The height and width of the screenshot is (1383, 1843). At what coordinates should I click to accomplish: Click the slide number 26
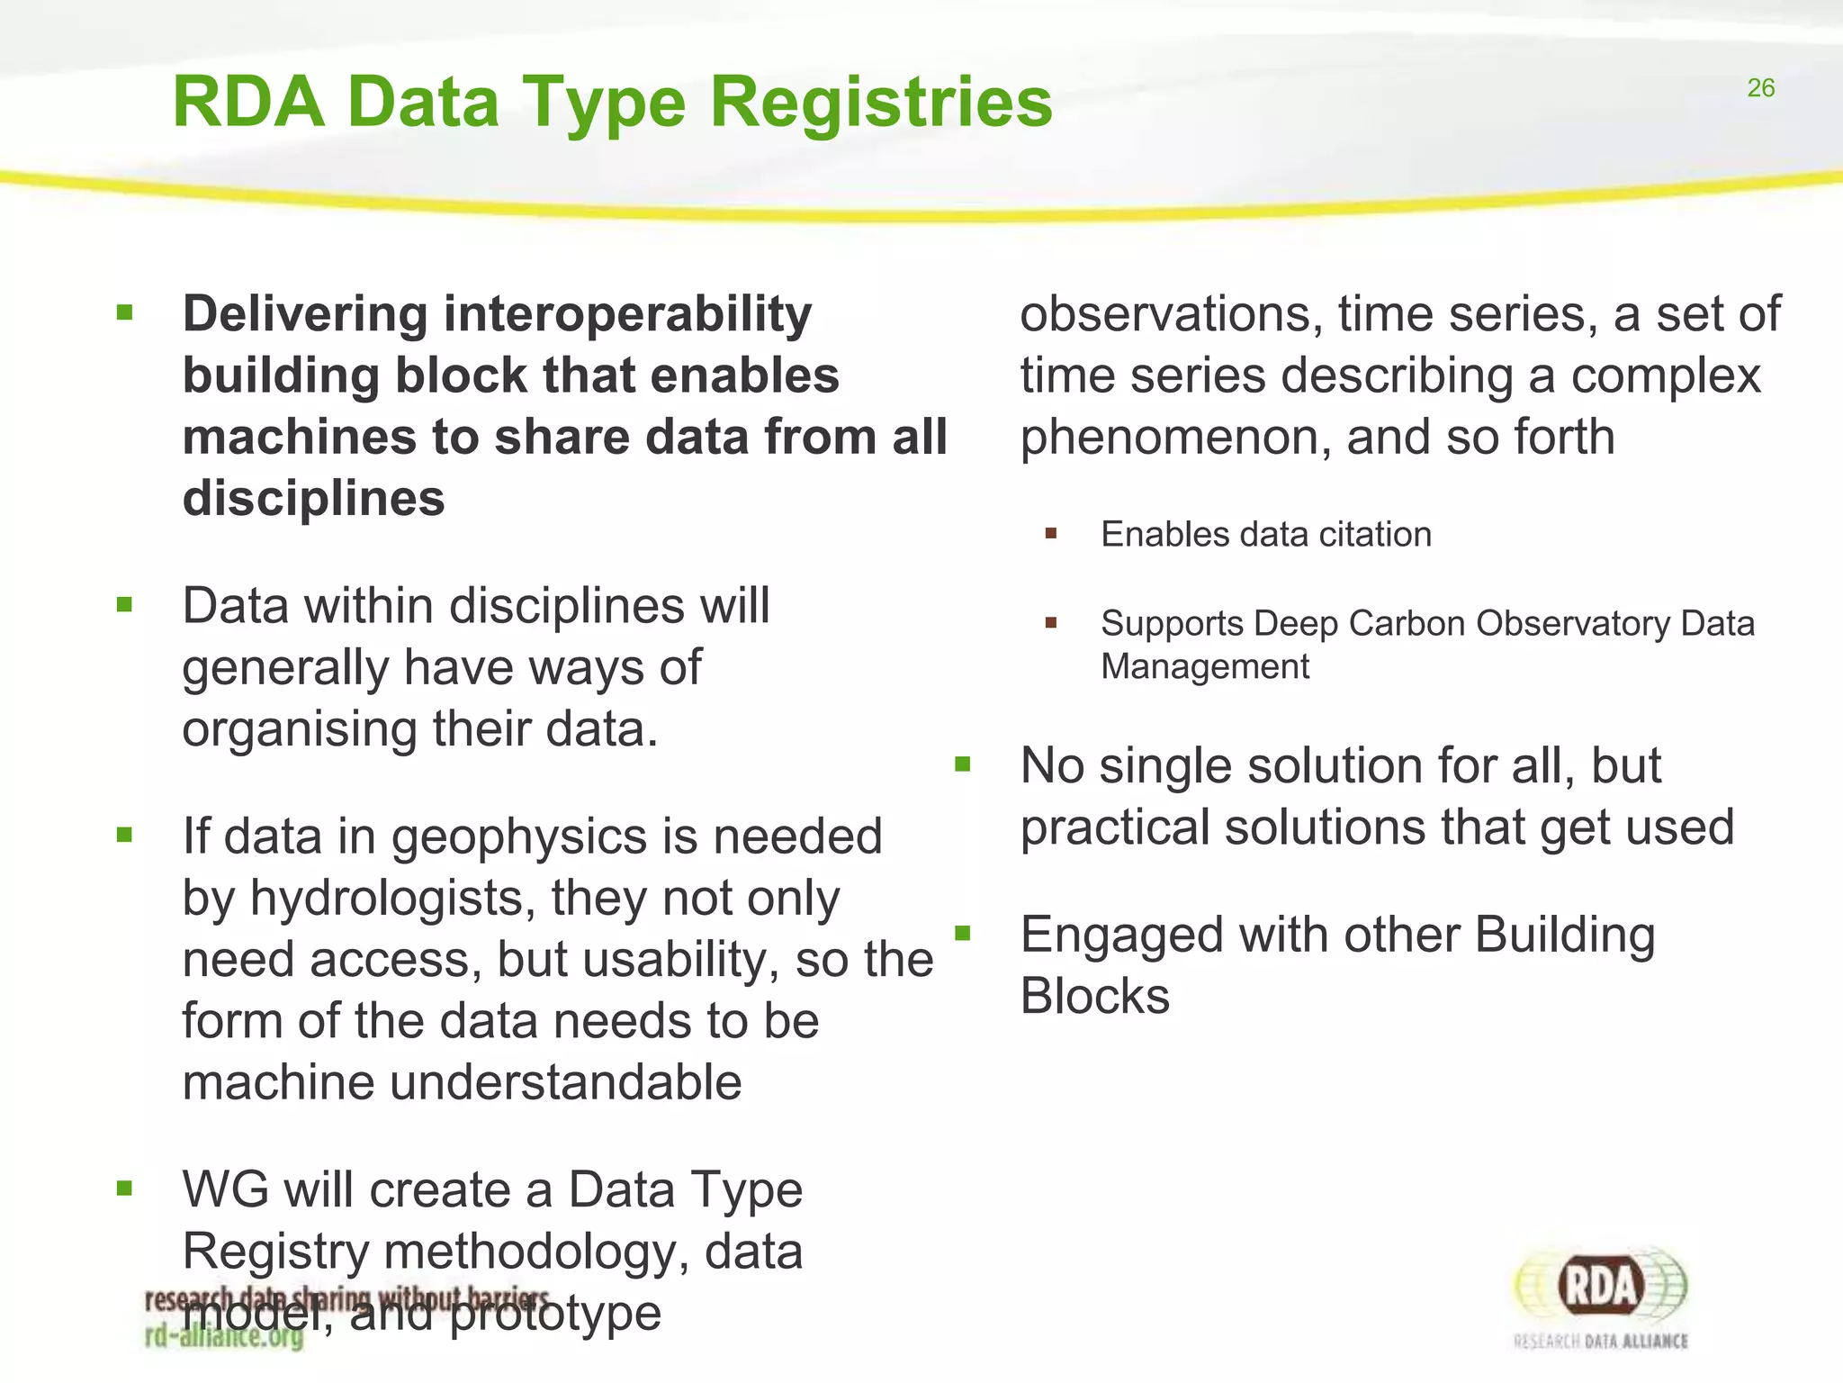tap(1760, 88)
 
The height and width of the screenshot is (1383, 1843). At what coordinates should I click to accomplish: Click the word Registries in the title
tap(881, 102)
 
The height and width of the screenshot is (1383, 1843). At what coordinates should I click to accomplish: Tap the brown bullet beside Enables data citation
tap(1050, 534)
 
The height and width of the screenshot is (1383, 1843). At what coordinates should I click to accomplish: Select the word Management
tap(1205, 667)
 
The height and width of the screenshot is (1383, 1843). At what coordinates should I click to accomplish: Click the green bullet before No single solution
tap(963, 765)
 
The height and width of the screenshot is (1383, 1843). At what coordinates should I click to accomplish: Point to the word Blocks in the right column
tap(1094, 997)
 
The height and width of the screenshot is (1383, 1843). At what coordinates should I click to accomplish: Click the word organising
tap(299, 729)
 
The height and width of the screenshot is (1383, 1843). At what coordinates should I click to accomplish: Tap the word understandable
tap(565, 1082)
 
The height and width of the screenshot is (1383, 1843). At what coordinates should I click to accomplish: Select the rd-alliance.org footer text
tap(224, 1336)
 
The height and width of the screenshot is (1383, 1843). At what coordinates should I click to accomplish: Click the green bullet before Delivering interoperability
tap(124, 313)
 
